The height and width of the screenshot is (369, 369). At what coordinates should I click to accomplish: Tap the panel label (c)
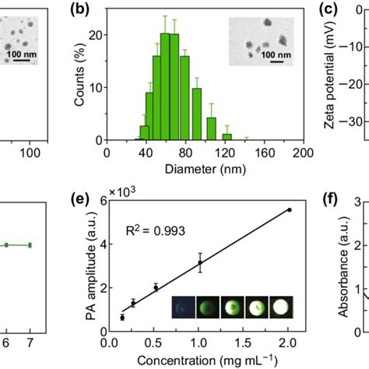pyautogui.click(x=330, y=9)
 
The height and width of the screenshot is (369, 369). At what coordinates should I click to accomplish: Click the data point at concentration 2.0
pyautogui.click(x=290, y=209)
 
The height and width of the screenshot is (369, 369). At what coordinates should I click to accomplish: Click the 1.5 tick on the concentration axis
pyautogui.click(x=244, y=345)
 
